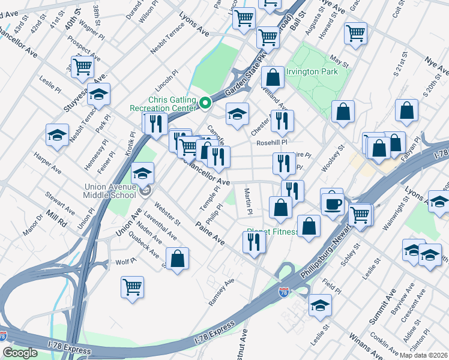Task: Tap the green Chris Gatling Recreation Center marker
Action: [205, 104]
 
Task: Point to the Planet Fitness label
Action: [273, 232]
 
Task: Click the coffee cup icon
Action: [331, 203]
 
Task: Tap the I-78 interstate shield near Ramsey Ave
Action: [284, 293]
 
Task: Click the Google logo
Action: [20, 353]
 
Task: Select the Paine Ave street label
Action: [210, 232]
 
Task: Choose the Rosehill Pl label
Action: [272, 143]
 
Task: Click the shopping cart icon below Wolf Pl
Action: [132, 286]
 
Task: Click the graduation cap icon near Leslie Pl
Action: [57, 136]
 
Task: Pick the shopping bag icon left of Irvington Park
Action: [273, 77]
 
